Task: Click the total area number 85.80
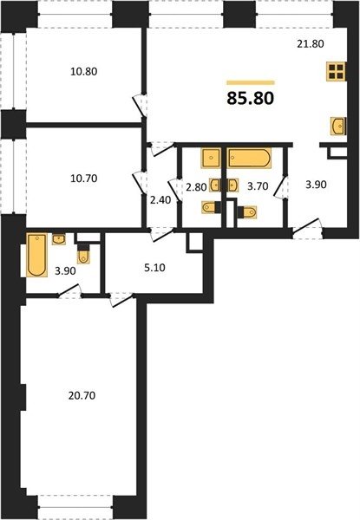(251, 98)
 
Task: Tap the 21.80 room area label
(311, 44)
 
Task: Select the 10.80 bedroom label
(84, 71)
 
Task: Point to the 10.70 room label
(84, 179)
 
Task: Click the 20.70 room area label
(82, 395)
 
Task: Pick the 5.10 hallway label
(155, 267)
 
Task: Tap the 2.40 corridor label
(160, 200)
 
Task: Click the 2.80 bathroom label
(196, 187)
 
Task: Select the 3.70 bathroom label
(258, 186)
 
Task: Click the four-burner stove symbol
(336, 71)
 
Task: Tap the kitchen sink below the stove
(338, 126)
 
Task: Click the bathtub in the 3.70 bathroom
(250, 158)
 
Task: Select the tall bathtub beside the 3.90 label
(36, 255)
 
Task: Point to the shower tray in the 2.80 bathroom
(211, 159)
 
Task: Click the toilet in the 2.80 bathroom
(211, 207)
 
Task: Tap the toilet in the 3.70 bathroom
(247, 212)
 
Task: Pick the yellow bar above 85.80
(251, 82)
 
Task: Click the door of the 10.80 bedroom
(140, 106)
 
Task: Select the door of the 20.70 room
(121, 300)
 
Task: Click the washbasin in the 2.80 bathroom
(214, 185)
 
